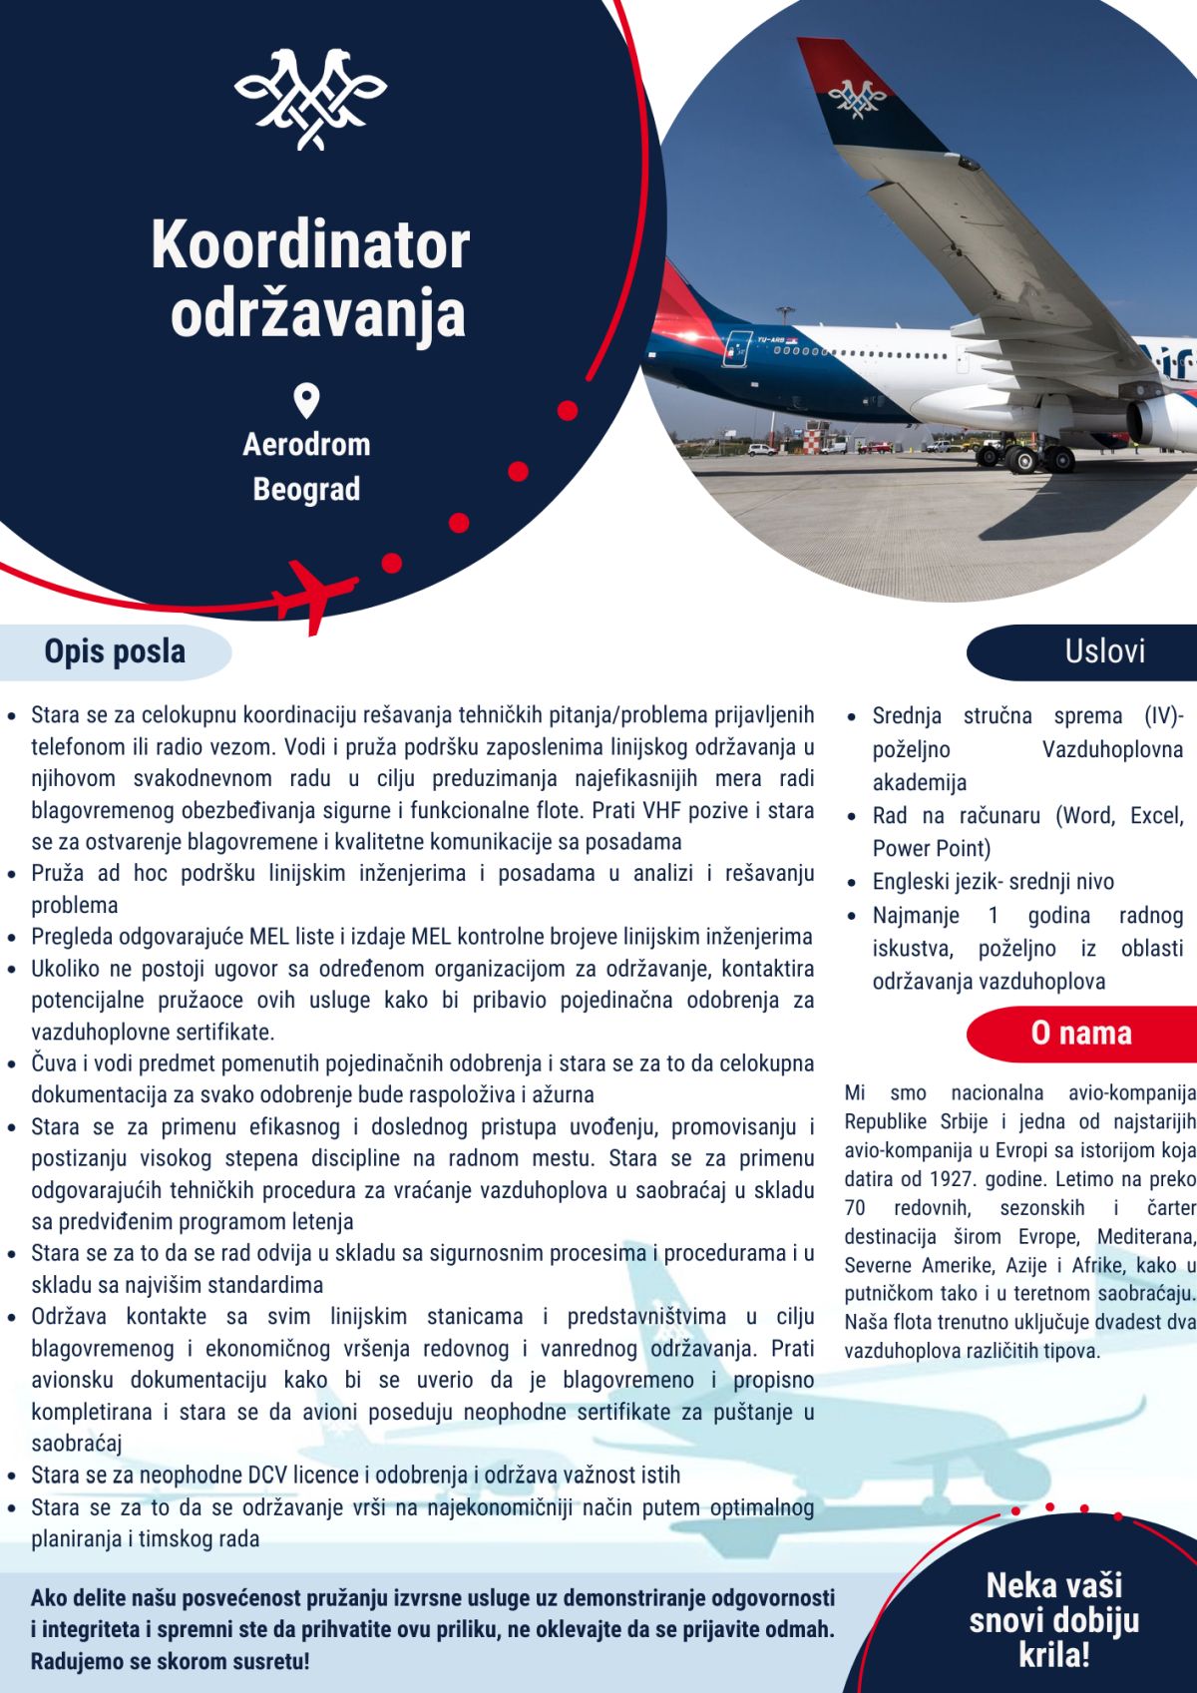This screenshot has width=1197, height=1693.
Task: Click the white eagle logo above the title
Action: tap(310, 98)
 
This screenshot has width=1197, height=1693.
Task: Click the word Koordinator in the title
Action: tap(310, 245)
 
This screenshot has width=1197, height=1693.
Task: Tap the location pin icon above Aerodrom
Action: tap(306, 401)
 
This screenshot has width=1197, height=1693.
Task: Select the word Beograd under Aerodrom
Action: tap(306, 490)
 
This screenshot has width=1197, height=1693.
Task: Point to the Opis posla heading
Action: tap(115, 652)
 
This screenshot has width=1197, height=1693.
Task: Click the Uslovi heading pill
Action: tap(1104, 652)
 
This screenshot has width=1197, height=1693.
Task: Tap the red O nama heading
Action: tap(1081, 1034)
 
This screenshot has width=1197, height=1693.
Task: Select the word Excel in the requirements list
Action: tap(1156, 816)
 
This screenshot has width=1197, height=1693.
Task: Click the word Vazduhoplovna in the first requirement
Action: tap(1112, 749)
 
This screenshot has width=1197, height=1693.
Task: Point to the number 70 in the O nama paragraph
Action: tap(855, 1208)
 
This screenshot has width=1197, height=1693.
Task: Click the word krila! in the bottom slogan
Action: tap(1054, 1657)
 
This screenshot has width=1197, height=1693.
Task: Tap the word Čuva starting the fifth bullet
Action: tap(53, 1063)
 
